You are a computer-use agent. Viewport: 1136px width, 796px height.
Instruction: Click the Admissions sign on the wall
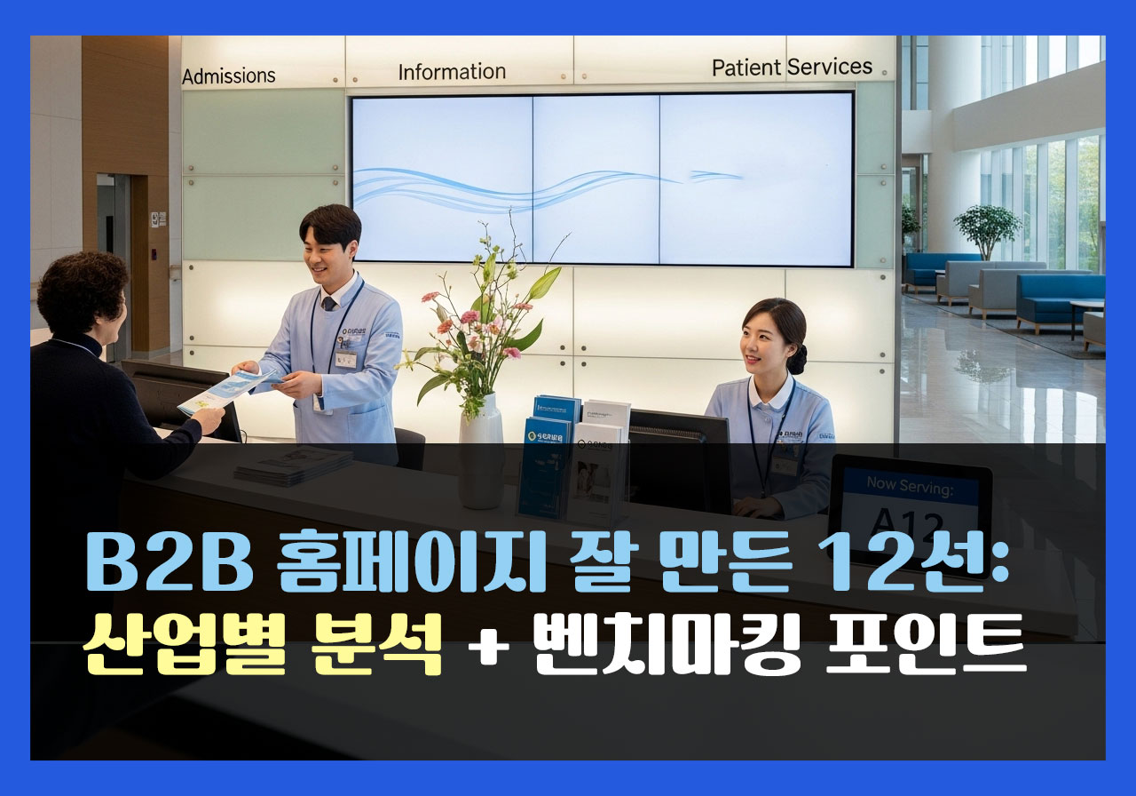point(229,76)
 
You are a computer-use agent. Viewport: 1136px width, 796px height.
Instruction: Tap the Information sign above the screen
point(452,72)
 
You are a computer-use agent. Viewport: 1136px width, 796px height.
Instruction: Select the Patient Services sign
point(792,68)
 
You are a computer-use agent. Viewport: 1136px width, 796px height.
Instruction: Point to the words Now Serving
point(909,486)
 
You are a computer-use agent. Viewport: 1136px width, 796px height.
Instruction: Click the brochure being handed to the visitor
point(222,391)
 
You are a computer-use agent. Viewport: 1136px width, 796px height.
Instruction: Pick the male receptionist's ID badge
point(345,359)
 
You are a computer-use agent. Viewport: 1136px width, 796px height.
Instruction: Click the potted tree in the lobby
point(987,227)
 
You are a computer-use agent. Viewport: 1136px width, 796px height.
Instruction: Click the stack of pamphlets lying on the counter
point(292,464)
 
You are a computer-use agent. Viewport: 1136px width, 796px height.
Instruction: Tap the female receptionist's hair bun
point(798,358)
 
